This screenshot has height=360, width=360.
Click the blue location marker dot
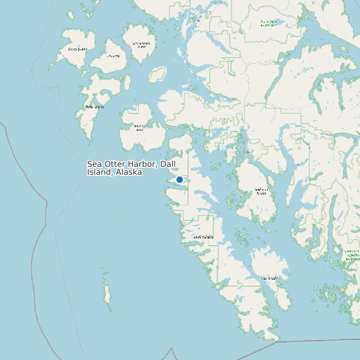tap(179, 179)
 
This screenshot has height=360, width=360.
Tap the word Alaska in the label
tap(128, 172)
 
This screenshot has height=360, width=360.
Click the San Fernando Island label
tap(141, 45)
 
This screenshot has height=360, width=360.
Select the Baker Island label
tap(94, 106)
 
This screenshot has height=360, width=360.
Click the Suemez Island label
tap(139, 128)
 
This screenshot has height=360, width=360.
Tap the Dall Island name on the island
tap(203, 236)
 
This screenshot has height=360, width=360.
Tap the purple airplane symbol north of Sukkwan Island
tap(248, 152)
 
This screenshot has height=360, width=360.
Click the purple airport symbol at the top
tap(197, 20)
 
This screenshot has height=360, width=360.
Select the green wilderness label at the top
tap(269, 24)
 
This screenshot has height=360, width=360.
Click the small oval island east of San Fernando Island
tap(157, 74)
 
